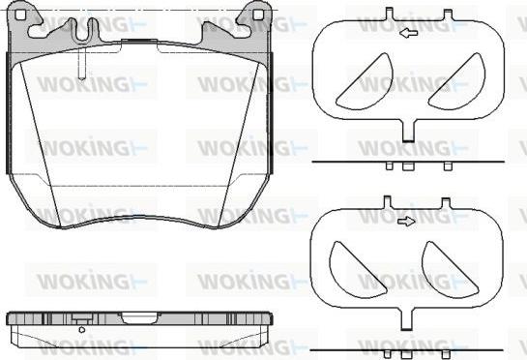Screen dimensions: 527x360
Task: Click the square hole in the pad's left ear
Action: point(20,15)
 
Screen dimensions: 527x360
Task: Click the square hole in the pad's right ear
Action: point(258,15)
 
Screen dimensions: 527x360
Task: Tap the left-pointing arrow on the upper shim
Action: point(408,33)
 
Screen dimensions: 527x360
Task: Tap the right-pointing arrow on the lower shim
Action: point(406,222)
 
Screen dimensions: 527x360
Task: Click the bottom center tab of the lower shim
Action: point(407,319)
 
